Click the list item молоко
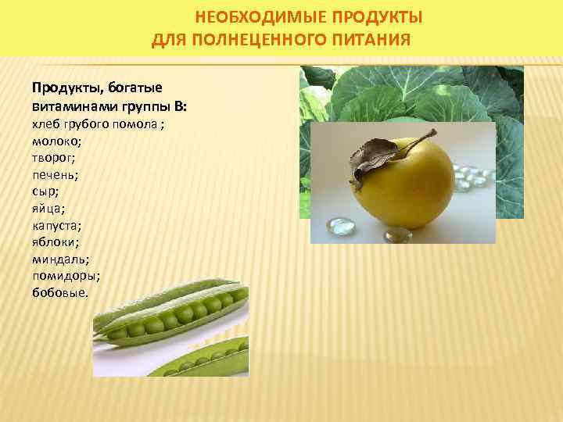pyautogui.click(x=56, y=141)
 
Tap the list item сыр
pyautogui.click(x=45, y=191)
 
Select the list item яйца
pyautogui.click(x=48, y=208)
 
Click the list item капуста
pyautogui.click(x=56, y=225)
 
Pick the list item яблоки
pyautogui.click(x=55, y=241)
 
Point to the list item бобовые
pyautogui.click(x=60, y=293)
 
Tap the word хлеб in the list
pyautogui.click(x=45, y=123)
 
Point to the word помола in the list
pyautogui.click(x=139, y=123)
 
